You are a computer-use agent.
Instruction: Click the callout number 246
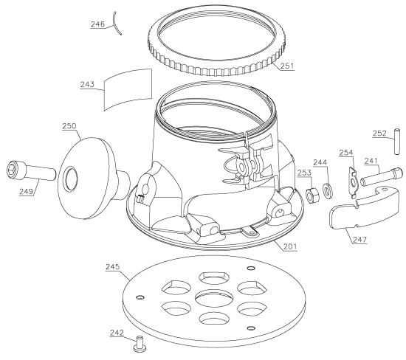97,24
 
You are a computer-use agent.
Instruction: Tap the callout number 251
287,66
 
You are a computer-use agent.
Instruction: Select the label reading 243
87,85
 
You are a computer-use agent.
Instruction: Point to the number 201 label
290,246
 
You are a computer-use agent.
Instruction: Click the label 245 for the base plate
113,267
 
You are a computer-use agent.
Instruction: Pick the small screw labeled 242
140,344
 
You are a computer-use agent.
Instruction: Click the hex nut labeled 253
312,195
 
